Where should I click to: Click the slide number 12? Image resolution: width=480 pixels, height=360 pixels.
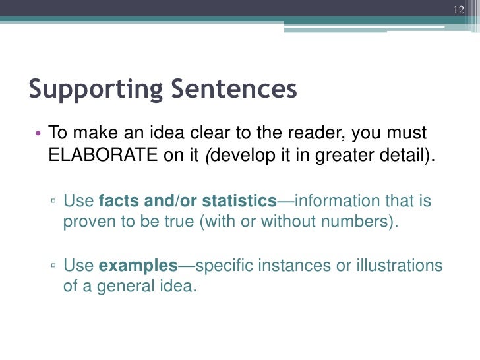(x=460, y=9)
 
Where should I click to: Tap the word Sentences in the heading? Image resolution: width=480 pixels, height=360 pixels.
(x=232, y=89)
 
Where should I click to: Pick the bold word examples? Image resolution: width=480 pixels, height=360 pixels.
(x=138, y=266)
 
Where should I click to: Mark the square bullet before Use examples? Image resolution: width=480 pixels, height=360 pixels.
(x=53, y=267)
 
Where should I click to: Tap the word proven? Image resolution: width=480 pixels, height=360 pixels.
(x=88, y=222)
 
